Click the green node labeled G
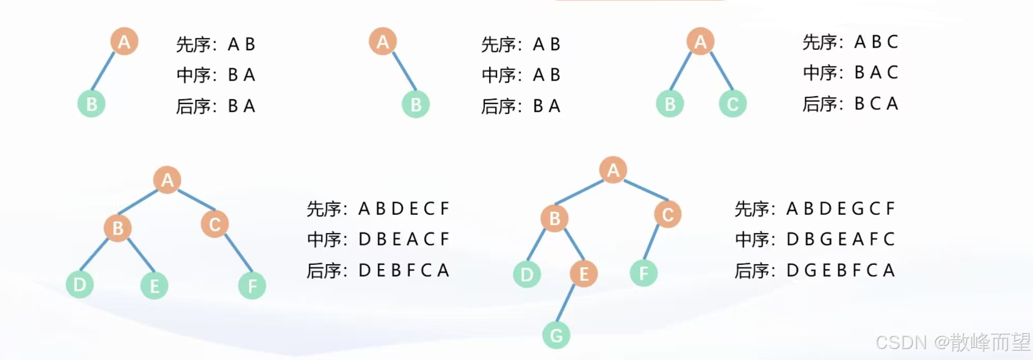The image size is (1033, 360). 556,335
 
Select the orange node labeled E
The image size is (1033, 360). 584,273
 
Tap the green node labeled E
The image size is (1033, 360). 154,286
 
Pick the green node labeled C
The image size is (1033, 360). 733,104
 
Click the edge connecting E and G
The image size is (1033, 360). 566,303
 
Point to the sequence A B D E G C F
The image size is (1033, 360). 840,208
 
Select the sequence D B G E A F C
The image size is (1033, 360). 840,239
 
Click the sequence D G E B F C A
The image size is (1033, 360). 840,270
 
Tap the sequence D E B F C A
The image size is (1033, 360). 403,270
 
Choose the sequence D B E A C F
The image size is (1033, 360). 403,239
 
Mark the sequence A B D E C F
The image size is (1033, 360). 403,208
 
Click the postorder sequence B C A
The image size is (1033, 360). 876,103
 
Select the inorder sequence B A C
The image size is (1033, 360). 876,72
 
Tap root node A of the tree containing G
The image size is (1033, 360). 613,170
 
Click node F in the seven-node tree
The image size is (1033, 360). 643,273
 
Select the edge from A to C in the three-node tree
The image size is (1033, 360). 722,71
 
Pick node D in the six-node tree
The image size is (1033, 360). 79,285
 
